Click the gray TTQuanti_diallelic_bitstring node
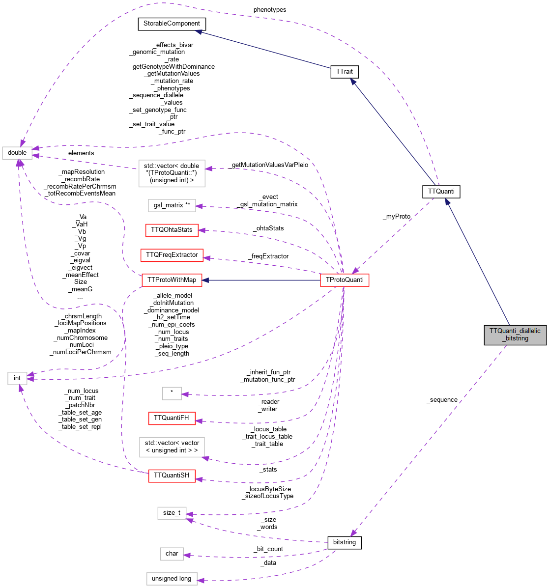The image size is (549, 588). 515,335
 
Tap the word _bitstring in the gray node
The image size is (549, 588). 515,338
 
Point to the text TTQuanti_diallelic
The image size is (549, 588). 515,331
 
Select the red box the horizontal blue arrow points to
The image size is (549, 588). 172,280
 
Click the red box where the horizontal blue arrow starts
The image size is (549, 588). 345,280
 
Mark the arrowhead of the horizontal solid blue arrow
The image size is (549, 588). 206,280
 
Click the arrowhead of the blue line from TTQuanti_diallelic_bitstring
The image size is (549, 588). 447,201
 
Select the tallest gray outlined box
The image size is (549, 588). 172,173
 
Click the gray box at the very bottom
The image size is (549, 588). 172,579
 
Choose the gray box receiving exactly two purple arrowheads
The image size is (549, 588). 172,513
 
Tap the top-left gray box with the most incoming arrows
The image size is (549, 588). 17,153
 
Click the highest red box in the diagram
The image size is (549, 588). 172,230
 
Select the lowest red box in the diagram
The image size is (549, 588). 172,476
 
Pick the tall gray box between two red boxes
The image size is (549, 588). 172,447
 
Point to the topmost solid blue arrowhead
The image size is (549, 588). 198,32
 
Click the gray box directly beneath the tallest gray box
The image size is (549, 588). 172,205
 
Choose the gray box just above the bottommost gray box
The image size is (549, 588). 172,554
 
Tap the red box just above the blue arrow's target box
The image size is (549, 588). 172,255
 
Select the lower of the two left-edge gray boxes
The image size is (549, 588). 17,378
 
